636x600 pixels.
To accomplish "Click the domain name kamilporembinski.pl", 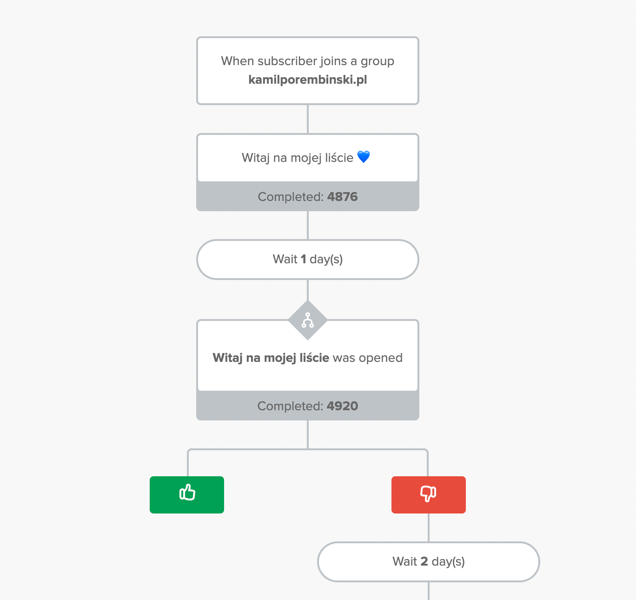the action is pos(308,80).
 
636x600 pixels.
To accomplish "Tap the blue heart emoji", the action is pos(364,157).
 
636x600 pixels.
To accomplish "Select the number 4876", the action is pos(342,196).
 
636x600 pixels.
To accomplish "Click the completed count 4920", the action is pos(342,406).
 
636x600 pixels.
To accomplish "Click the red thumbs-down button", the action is pos(429,494).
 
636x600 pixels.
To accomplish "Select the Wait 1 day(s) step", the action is pos(308,259).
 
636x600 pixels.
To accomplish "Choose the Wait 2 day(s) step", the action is pos(429,561).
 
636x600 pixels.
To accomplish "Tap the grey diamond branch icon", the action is pos(308,320).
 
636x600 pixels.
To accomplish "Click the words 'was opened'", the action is pos(368,358).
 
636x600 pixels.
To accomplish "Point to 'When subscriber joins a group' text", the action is pos(308,61).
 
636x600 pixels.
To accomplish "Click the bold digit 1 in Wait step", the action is pos(303,259).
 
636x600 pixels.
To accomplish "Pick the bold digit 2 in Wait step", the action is pos(424,561).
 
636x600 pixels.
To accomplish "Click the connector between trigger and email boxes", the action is pos(308,119).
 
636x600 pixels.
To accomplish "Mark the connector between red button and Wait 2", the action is pos(429,527).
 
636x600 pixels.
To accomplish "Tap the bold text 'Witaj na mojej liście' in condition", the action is pos(271,358).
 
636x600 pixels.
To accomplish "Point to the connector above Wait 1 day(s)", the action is pos(308,225).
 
